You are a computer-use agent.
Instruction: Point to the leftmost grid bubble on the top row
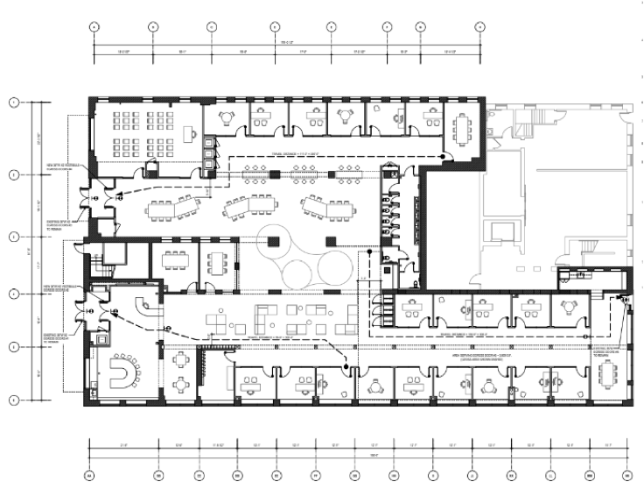pos(94,26)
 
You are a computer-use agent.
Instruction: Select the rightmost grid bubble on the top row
pos(480,26)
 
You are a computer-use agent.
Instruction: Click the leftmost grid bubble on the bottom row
pos(90,475)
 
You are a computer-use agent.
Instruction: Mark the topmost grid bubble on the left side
pos(13,103)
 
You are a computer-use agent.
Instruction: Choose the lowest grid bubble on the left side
pos(13,400)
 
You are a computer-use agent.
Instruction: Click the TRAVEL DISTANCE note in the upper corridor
pos(297,155)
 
